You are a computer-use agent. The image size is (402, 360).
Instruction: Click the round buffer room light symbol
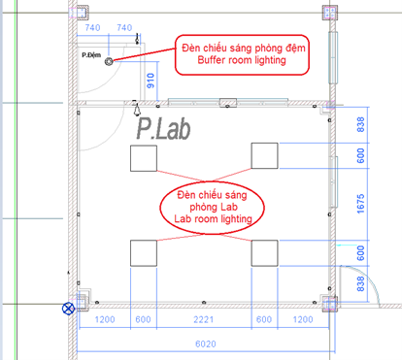109,61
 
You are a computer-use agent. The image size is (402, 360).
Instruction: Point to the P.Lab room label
163,128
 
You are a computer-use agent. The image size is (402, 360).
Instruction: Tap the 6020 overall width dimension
206,344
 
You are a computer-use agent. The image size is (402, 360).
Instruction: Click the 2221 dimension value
204,319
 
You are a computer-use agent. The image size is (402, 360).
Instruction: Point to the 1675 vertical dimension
360,204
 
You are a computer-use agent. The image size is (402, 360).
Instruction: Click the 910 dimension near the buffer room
151,81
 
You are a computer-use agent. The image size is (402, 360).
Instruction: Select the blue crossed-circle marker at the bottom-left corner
68,309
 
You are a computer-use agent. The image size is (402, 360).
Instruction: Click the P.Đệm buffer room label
91,55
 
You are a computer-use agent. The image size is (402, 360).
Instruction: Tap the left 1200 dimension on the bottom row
105,319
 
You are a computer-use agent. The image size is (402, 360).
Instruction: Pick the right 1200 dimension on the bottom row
303,319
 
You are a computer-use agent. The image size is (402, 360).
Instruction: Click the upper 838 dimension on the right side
360,124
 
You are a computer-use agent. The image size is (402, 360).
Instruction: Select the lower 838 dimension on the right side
360,283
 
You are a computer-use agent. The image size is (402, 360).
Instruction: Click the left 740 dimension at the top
92,28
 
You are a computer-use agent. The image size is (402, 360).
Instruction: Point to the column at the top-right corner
330,13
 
